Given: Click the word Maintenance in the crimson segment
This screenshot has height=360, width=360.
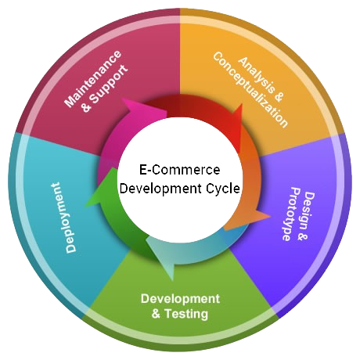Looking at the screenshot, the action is click(93, 79).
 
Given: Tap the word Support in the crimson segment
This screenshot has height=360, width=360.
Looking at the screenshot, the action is click(110, 84).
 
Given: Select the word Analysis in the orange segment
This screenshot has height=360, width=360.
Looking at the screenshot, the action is click(257, 75).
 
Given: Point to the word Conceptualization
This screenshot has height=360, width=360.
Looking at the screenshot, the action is click(250, 90).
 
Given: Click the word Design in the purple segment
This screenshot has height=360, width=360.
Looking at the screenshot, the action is click(308, 211).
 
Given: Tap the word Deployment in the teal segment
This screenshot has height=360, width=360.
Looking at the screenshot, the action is click(63, 218).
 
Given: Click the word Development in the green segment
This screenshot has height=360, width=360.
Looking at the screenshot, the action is click(180, 299).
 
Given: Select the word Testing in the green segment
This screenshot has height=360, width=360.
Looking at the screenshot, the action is click(186, 314).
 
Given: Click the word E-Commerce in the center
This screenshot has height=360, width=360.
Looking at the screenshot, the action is click(180, 170).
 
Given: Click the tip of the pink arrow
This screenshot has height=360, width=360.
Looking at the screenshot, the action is click(167, 112).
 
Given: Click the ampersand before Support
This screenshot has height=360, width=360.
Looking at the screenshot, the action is click(86, 106).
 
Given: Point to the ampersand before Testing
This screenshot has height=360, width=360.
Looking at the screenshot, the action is click(156, 314).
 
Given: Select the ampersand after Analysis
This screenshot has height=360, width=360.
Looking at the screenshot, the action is click(279, 97).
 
